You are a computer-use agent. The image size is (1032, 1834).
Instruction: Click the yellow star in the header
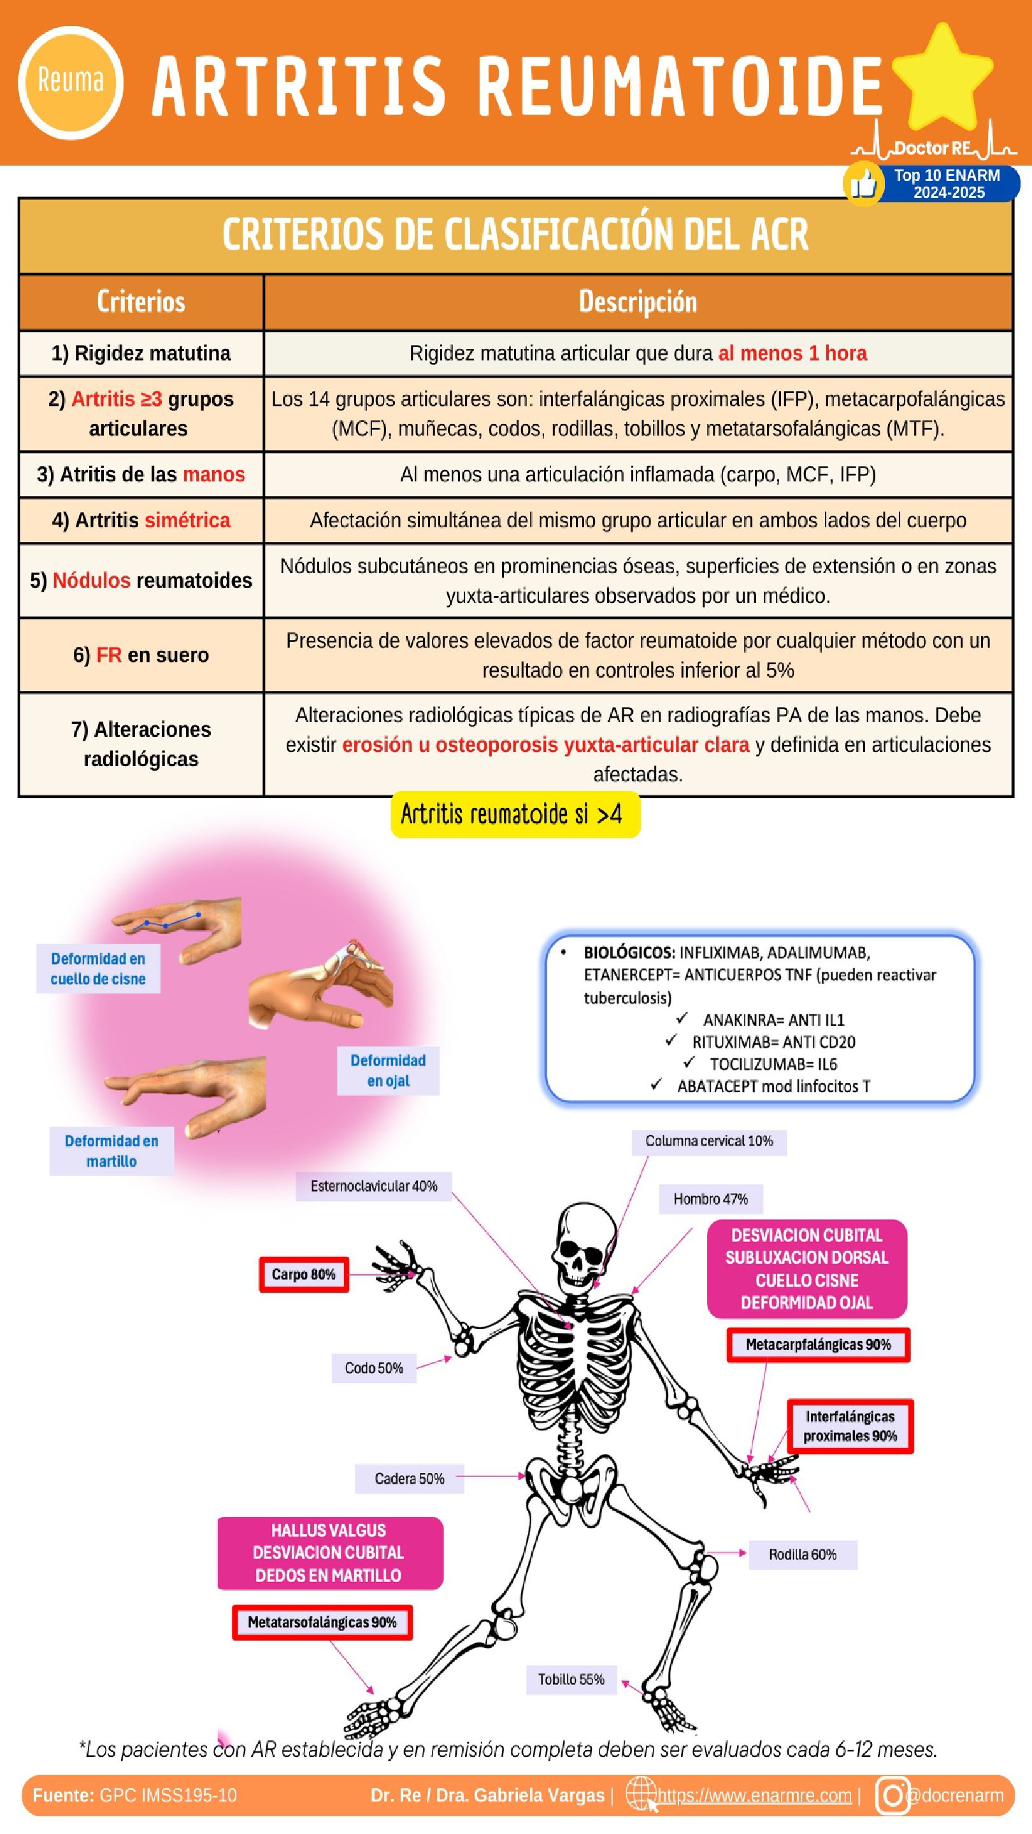[942, 77]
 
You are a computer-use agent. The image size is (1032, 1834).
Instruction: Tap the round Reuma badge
[71, 82]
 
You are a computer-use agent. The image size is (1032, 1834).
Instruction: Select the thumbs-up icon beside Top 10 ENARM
[863, 183]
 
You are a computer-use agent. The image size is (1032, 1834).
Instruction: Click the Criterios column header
[141, 302]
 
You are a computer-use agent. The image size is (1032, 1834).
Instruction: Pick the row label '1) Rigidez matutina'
[141, 353]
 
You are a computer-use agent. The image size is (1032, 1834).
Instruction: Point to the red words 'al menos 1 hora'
[792, 353]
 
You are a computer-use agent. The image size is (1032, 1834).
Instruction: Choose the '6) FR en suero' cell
[141, 655]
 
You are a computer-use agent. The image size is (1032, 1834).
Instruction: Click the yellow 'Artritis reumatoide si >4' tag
[515, 814]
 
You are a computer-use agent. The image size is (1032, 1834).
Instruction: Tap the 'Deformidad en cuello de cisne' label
[98, 968]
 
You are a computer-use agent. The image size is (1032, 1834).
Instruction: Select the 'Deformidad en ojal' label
[388, 1070]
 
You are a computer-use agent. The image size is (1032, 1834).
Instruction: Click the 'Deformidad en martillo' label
[112, 1151]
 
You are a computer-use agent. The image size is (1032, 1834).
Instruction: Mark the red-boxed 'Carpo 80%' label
[303, 1274]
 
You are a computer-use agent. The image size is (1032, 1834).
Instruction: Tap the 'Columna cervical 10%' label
[708, 1141]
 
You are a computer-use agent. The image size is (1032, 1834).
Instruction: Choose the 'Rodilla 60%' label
[802, 1554]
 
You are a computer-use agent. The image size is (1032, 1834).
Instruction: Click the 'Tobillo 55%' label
[571, 1679]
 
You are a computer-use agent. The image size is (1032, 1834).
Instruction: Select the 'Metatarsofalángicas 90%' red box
[322, 1623]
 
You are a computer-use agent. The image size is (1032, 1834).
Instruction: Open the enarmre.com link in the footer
[754, 1796]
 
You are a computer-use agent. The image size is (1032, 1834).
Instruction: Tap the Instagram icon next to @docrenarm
[892, 1795]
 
